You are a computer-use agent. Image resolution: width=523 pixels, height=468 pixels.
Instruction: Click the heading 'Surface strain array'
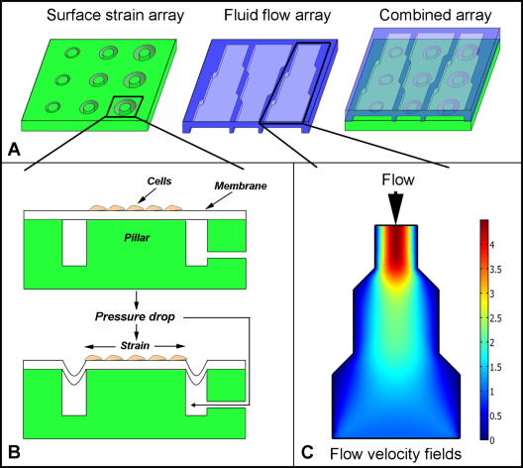click(116, 16)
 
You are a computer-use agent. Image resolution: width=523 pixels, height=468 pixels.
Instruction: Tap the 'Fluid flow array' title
click(277, 15)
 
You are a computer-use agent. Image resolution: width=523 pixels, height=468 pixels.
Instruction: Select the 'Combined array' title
click(435, 15)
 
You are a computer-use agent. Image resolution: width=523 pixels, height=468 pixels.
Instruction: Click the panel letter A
click(14, 149)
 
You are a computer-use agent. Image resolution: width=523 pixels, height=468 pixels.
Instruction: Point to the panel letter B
click(14, 452)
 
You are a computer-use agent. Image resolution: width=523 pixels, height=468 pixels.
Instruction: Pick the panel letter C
click(307, 453)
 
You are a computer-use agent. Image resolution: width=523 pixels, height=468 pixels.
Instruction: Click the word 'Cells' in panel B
click(159, 181)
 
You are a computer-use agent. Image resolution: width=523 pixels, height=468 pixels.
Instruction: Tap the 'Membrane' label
click(241, 186)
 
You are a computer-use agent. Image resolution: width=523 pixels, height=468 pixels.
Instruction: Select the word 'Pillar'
click(137, 238)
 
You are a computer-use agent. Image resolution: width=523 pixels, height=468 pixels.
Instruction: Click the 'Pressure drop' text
click(135, 316)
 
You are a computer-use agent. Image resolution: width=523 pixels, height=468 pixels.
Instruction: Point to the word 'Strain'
click(135, 345)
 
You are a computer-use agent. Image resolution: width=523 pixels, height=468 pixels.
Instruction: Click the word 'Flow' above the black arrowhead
click(398, 179)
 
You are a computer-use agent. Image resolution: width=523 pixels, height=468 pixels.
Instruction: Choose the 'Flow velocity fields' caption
click(395, 454)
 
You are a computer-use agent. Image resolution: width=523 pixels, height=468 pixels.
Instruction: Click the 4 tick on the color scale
click(491, 245)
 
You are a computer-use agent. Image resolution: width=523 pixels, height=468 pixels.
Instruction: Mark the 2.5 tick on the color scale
click(495, 318)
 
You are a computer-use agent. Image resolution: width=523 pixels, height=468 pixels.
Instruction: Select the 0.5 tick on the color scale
click(495, 415)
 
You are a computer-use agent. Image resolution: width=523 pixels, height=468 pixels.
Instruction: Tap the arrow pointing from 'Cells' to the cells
click(147, 195)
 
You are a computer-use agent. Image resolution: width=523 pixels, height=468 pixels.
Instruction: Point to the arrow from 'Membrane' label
click(219, 201)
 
